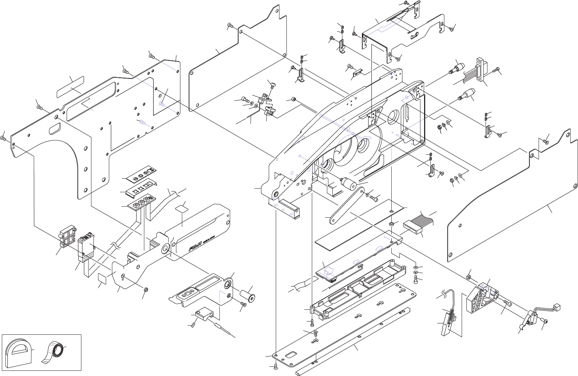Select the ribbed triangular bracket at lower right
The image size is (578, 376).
480,297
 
